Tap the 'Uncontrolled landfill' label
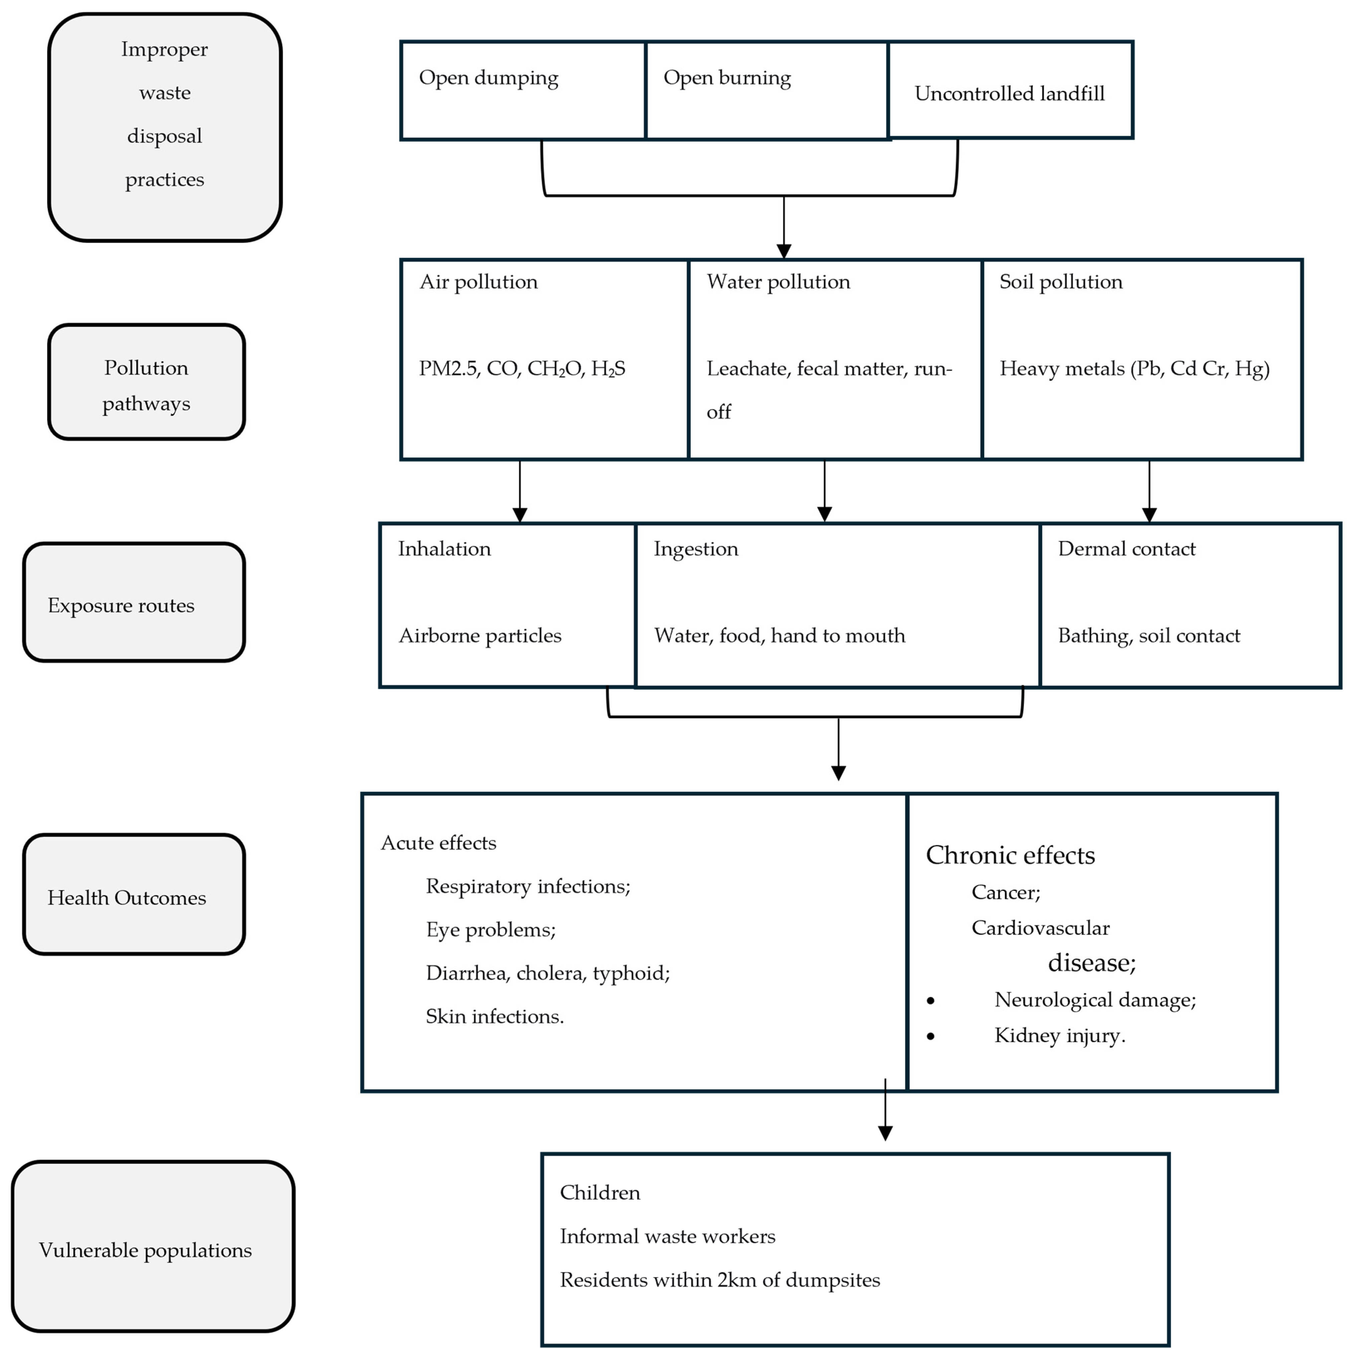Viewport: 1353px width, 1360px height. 1009,93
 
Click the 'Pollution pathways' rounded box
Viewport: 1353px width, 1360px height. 146,382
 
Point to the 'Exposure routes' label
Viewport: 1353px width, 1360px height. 121,605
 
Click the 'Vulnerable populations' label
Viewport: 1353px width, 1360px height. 145,1250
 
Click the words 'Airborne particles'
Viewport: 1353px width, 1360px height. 480,636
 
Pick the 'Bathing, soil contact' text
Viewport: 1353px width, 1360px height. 1149,636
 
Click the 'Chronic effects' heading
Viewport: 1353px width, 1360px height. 1010,855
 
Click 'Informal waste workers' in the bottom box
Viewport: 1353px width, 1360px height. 667,1237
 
